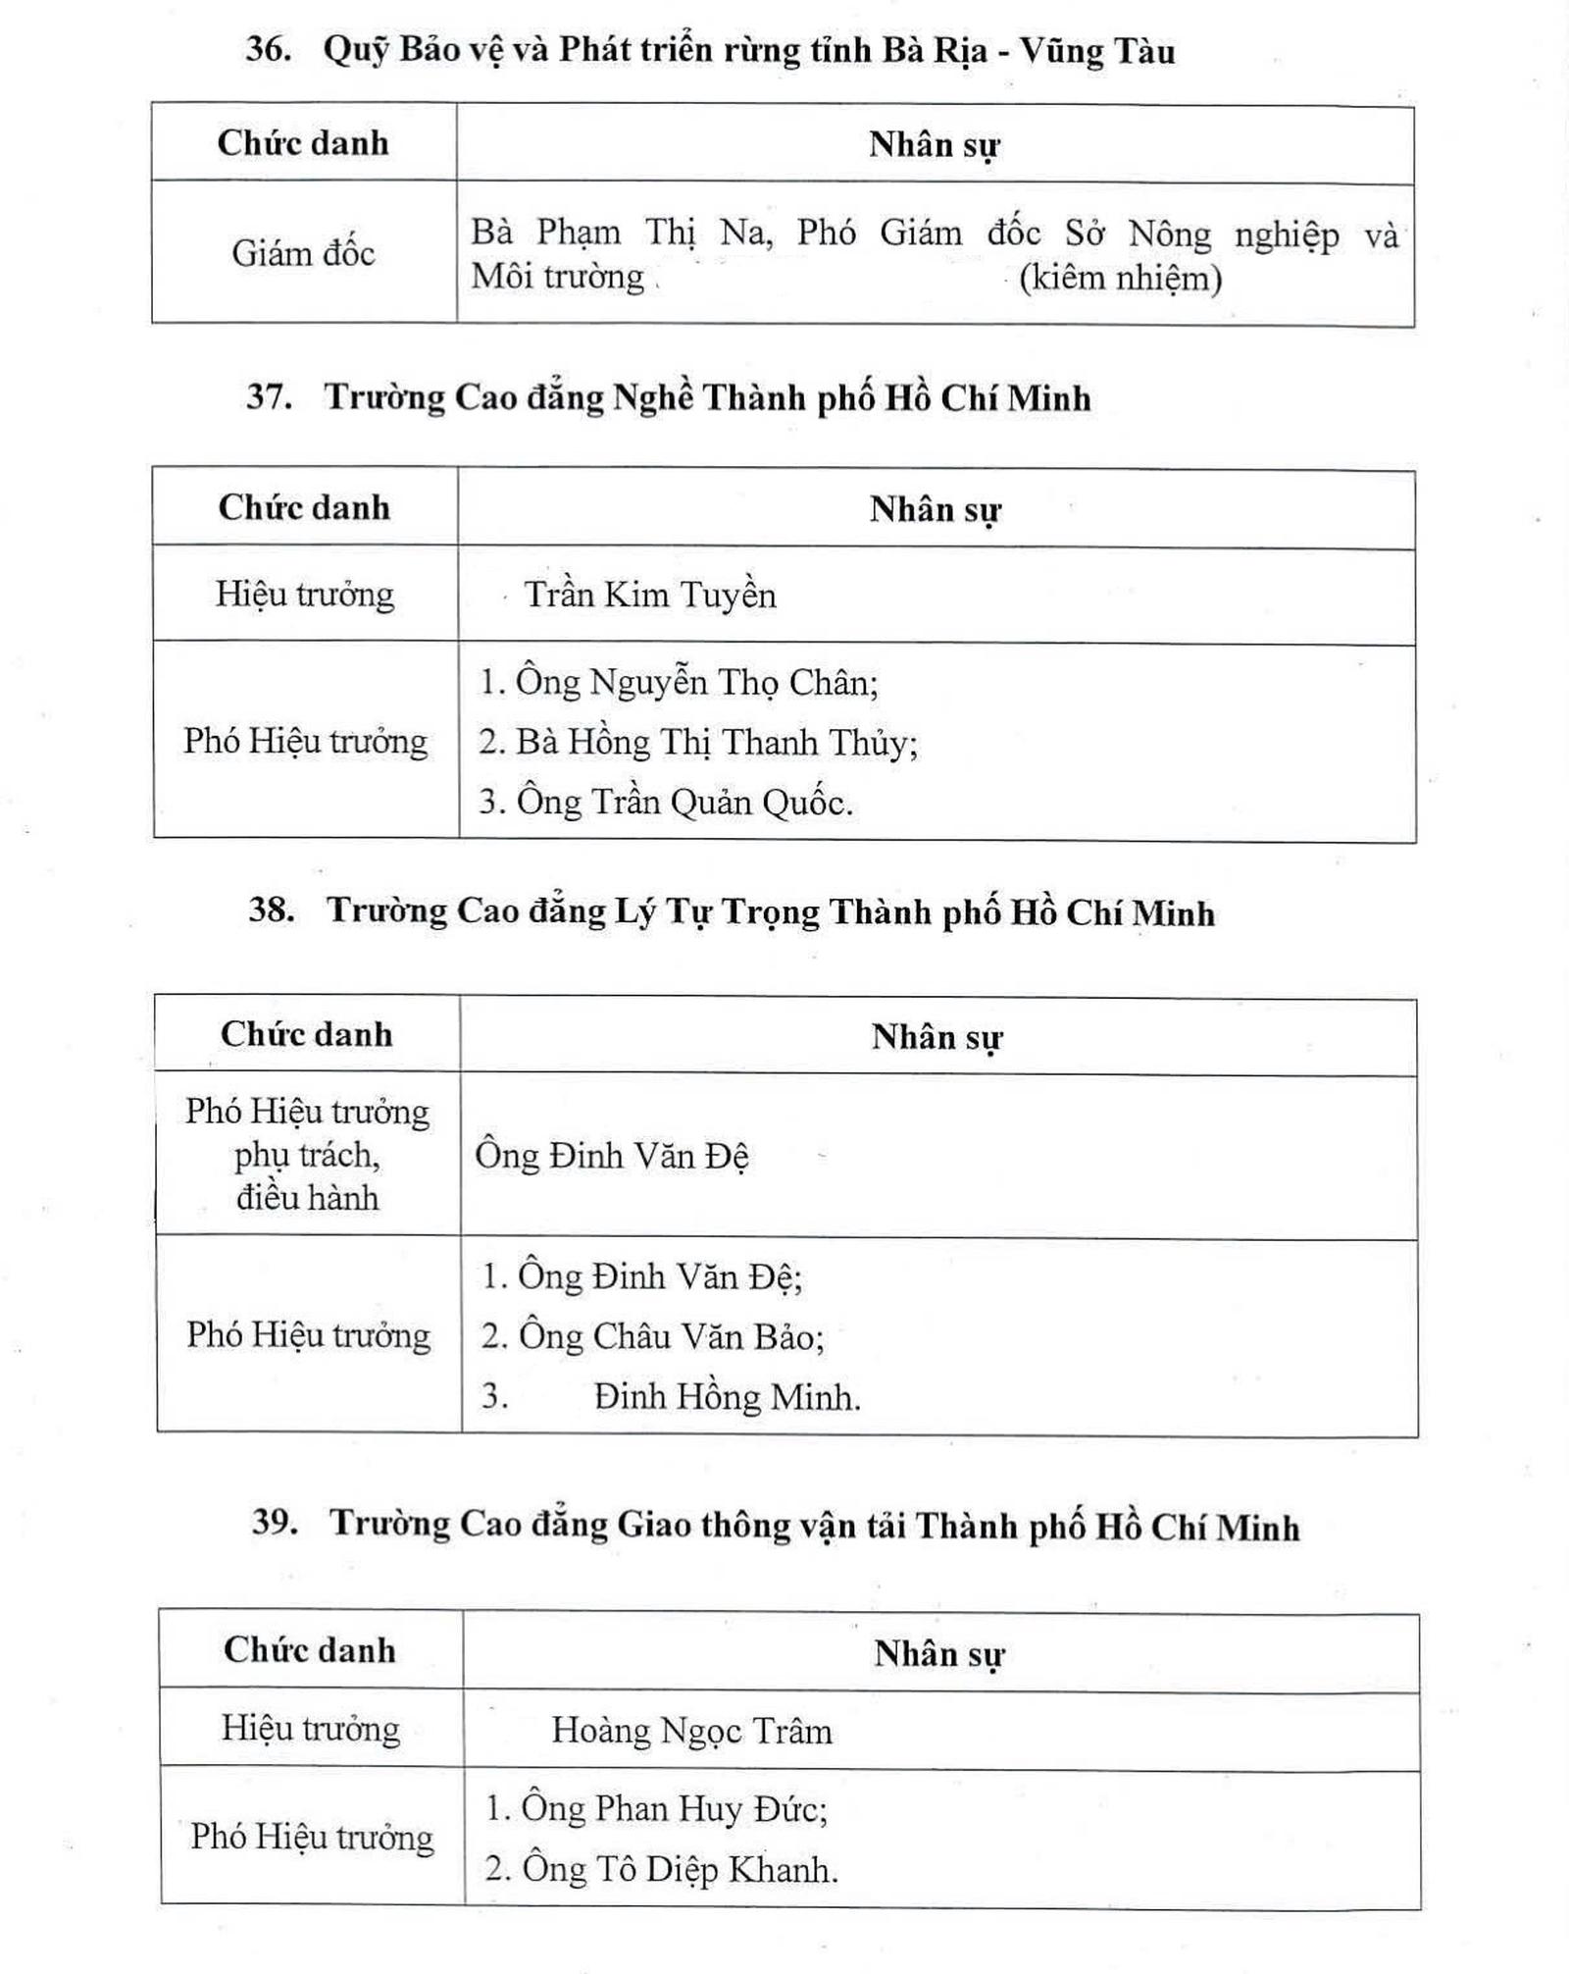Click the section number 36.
click(x=268, y=49)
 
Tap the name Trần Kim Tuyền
click(x=649, y=595)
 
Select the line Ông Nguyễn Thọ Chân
click(x=695, y=682)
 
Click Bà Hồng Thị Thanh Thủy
click(x=716, y=743)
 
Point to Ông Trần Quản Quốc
click(x=683, y=803)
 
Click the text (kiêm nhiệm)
click(x=1120, y=278)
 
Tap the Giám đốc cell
click(x=303, y=253)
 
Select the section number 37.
click(x=269, y=396)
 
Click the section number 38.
click(x=271, y=909)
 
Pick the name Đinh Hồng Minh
click(x=726, y=1397)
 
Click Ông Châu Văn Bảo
click(x=670, y=1336)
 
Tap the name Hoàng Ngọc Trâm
click(x=691, y=1730)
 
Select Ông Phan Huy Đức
click(x=673, y=1807)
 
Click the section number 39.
click(x=274, y=1522)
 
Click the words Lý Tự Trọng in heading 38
click(x=717, y=911)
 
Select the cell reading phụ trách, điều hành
click(x=307, y=1176)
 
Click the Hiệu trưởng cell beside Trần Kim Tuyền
click(x=305, y=594)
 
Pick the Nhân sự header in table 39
click(x=938, y=1653)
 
